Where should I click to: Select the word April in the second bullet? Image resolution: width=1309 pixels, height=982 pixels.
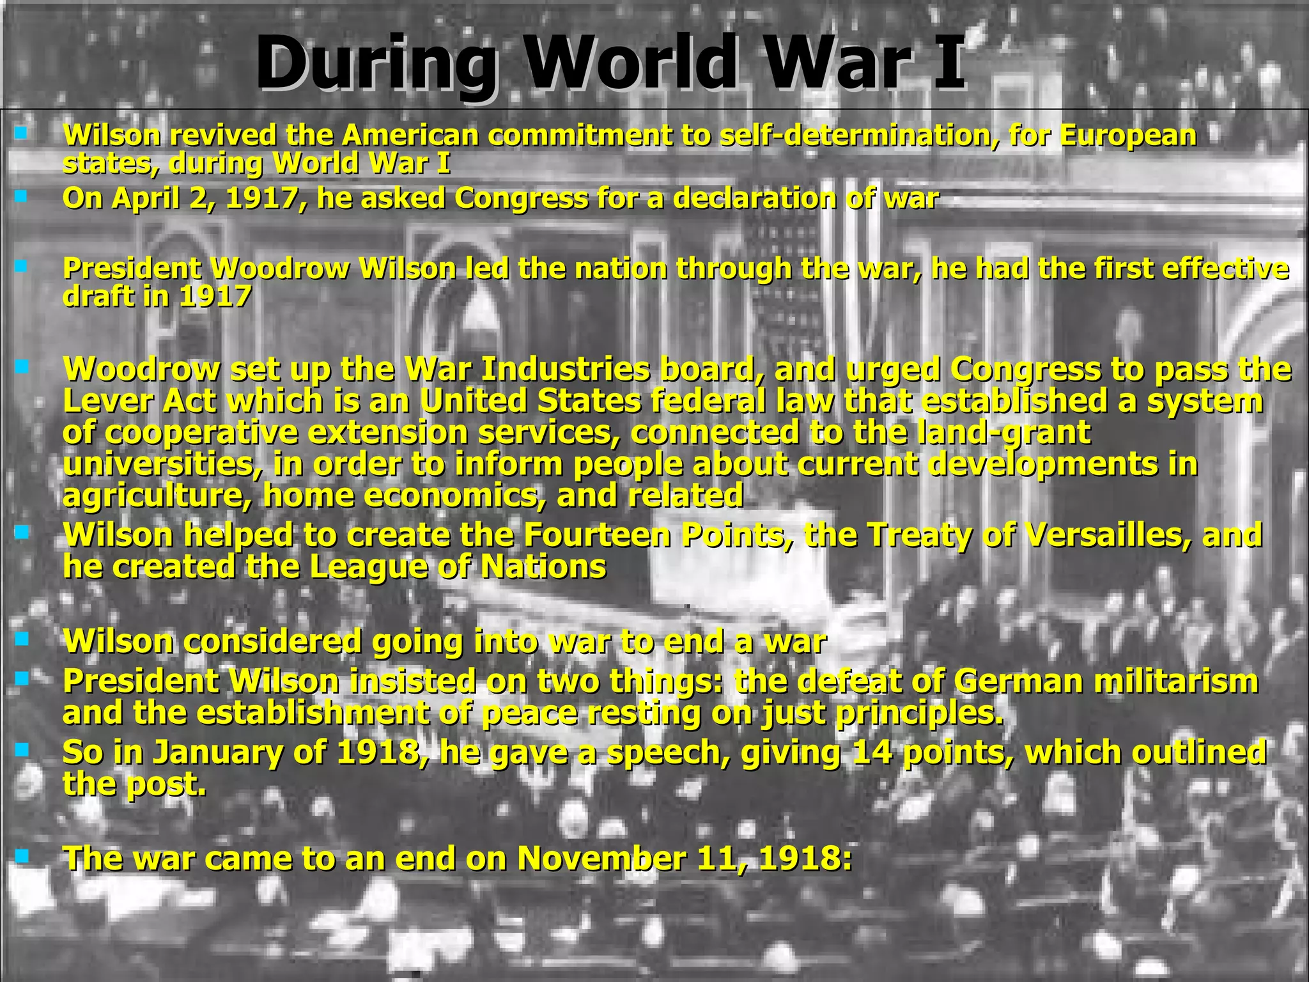147,199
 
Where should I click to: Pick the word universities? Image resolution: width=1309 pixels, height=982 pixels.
162,464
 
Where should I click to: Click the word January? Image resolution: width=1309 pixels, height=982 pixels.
217,752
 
